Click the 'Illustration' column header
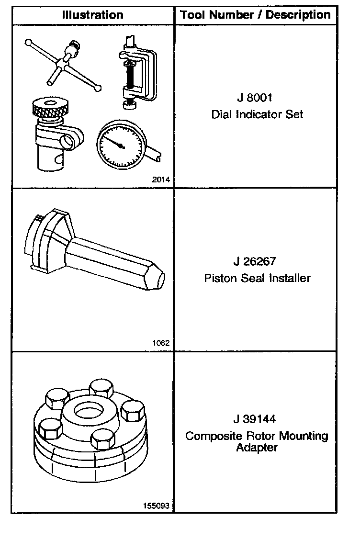(x=92, y=15)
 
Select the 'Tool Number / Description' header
(x=255, y=15)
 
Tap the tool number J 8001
(x=255, y=98)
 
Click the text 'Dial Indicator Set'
(x=257, y=115)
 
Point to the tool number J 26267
(x=256, y=261)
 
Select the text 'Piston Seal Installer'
(x=257, y=278)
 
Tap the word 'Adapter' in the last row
(x=257, y=448)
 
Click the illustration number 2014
(x=161, y=180)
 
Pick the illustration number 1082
(x=162, y=343)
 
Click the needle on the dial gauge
(x=115, y=141)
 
